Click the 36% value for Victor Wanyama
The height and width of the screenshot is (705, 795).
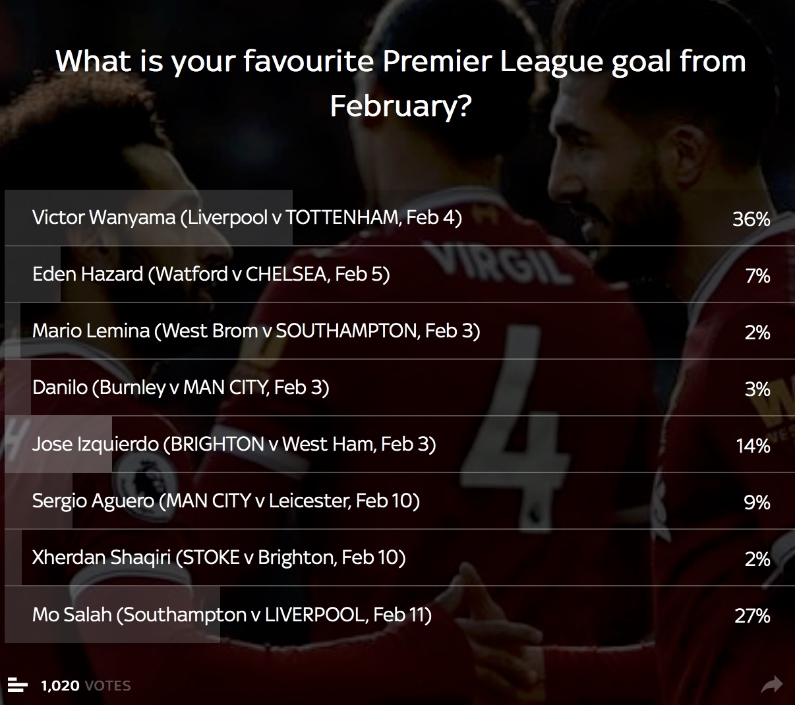pos(751,219)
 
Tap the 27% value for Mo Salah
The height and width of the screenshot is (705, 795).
pos(752,616)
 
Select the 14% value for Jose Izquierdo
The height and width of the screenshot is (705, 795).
pos(753,446)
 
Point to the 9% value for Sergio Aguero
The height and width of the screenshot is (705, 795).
pos(757,503)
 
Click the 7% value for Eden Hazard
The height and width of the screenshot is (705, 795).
pos(757,276)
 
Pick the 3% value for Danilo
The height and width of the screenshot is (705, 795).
pos(757,389)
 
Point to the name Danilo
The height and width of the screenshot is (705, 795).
pos(59,387)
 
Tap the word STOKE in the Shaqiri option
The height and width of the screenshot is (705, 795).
pos(211,557)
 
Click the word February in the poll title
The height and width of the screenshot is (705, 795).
pos(400,107)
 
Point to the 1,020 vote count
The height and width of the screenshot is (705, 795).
pos(60,685)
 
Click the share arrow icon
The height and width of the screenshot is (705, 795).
pos(771,685)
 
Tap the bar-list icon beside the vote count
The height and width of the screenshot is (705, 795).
pos(17,685)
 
